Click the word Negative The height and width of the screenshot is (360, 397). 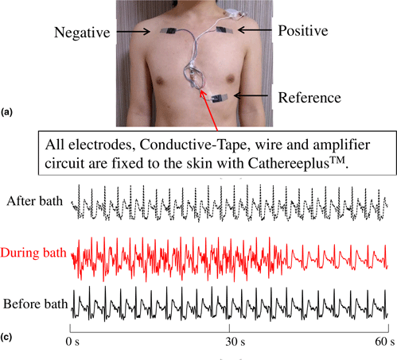82,33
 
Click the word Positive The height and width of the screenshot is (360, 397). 303,30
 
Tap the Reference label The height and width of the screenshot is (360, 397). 309,98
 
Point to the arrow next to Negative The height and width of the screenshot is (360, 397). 134,32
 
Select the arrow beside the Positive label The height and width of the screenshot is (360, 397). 255,30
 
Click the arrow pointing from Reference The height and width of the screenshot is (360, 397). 251,95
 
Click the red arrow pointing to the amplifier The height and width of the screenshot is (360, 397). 208,110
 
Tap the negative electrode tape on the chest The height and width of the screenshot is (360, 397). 169,31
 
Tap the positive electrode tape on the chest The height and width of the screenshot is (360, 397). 224,30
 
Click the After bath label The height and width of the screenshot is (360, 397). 34,201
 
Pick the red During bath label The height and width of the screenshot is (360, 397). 33,253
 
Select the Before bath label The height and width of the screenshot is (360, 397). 35,304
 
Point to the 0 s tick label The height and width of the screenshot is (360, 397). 72,342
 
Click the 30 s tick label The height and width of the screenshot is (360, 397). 235,342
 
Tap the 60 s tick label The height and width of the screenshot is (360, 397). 385,342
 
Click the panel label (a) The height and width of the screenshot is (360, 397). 6,112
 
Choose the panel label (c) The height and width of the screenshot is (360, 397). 6,337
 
